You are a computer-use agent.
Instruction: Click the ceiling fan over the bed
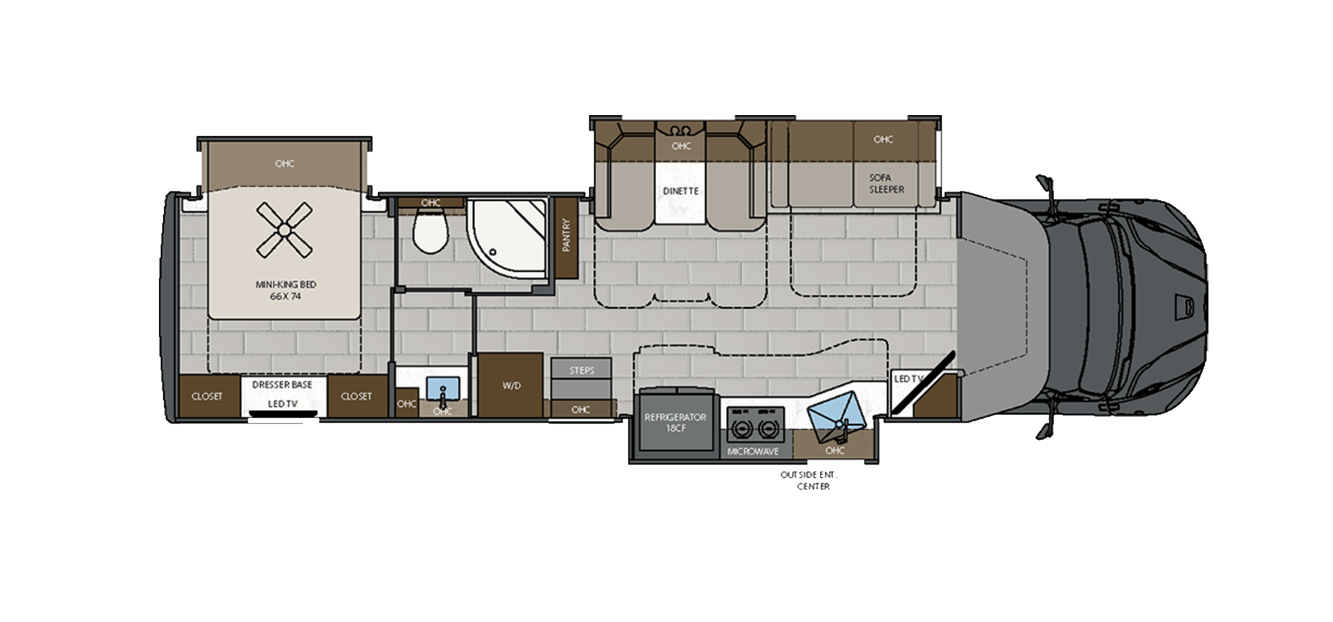coord(284,230)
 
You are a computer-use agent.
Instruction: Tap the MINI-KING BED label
coord(286,284)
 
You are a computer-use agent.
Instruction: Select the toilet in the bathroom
coord(431,231)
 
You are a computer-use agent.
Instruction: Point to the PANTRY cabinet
coord(566,236)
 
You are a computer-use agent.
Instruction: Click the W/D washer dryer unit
coord(511,385)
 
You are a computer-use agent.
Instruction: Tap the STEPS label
coord(582,371)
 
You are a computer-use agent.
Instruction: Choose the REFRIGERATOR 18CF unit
coord(675,422)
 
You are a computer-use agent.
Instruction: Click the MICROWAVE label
coord(753,452)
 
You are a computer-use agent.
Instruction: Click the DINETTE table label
coord(681,191)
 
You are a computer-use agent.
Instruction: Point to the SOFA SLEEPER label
coord(886,183)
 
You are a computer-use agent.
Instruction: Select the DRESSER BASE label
coord(282,385)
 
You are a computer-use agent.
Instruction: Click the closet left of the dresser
coord(207,396)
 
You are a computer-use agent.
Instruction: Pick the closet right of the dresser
coord(357,396)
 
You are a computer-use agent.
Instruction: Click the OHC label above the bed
coord(285,164)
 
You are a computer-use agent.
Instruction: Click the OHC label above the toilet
coord(430,203)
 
